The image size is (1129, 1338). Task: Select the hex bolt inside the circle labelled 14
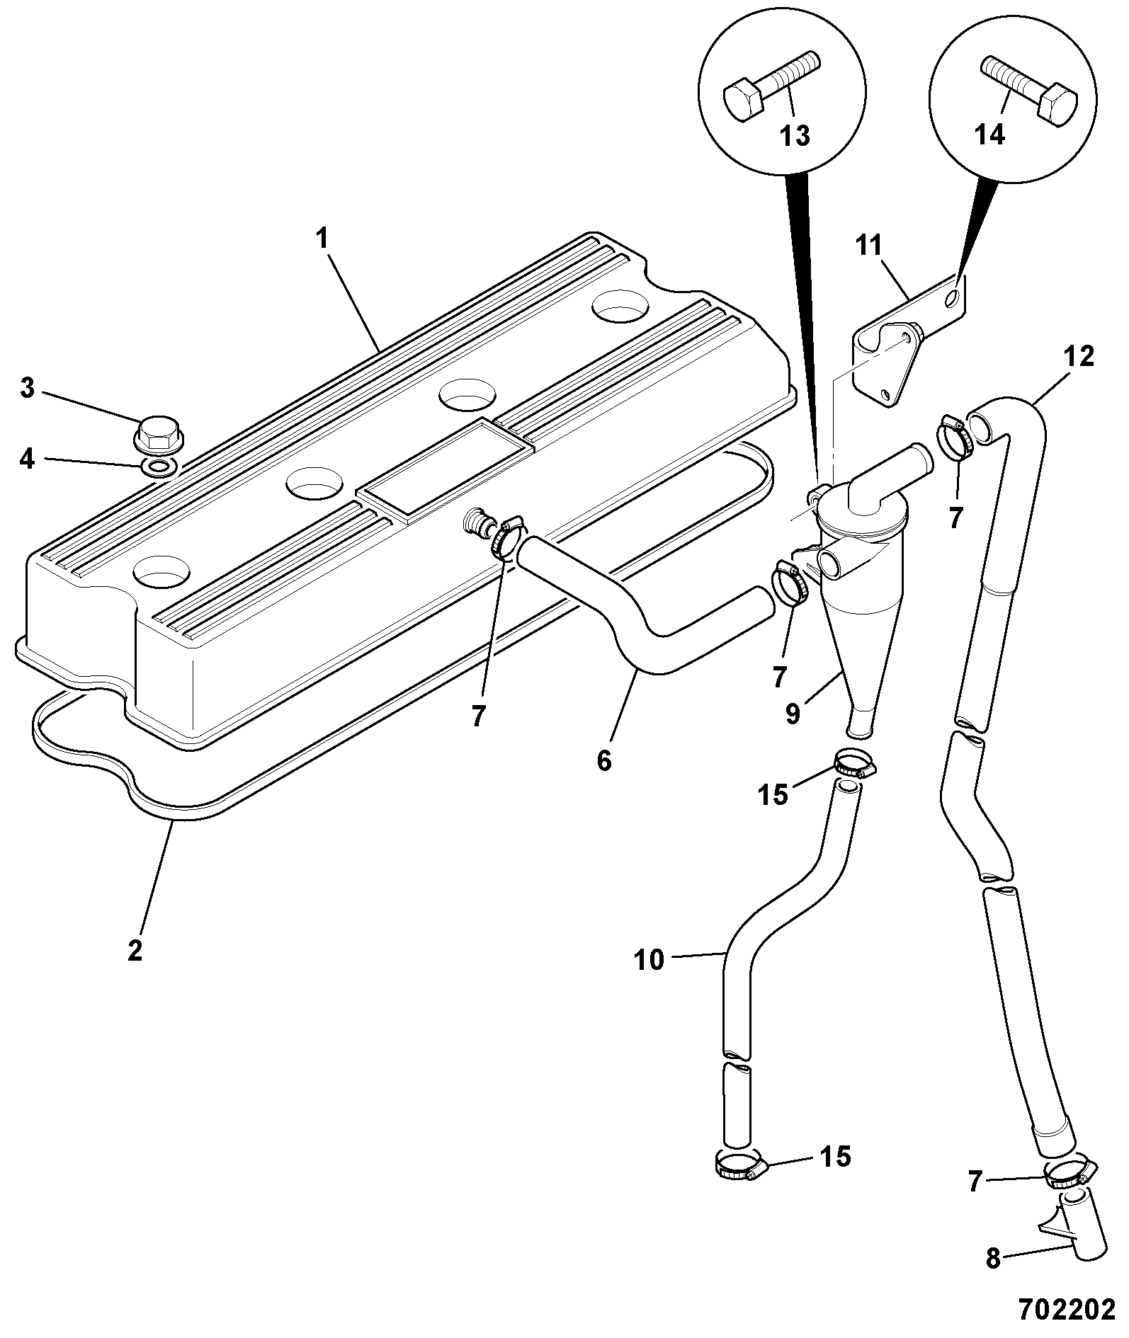(x=1030, y=90)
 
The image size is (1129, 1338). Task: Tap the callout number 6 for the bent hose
(x=603, y=761)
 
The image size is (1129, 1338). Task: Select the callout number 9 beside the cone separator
(x=793, y=714)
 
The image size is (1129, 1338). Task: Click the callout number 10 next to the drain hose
(x=649, y=960)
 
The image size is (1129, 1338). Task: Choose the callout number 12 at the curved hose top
(x=1078, y=357)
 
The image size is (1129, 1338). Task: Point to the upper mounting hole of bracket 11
(x=955, y=297)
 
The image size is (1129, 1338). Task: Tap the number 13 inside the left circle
(x=795, y=134)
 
